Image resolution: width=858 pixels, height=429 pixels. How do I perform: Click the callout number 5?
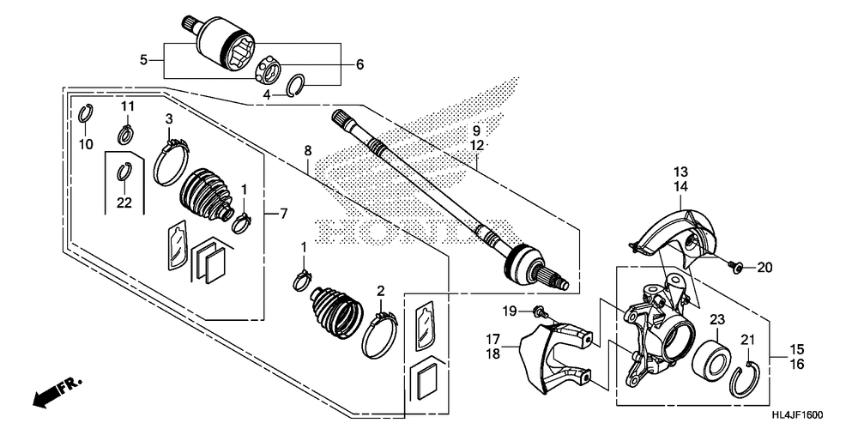pyautogui.click(x=144, y=59)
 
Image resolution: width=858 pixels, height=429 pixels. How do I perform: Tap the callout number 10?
pyautogui.click(x=86, y=144)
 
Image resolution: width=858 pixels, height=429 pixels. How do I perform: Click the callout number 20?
pyautogui.click(x=764, y=268)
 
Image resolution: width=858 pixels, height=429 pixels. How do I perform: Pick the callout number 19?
pyautogui.click(x=510, y=310)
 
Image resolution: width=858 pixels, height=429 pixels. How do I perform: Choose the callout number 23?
pyautogui.click(x=716, y=319)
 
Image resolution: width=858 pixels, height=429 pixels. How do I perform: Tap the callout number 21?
pyautogui.click(x=747, y=340)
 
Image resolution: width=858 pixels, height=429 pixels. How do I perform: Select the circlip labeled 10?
pyautogui.click(x=86, y=113)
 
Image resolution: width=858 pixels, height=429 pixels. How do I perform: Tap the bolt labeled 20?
pyautogui.click(x=736, y=268)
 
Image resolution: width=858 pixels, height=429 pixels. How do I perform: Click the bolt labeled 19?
pyautogui.click(x=537, y=310)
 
